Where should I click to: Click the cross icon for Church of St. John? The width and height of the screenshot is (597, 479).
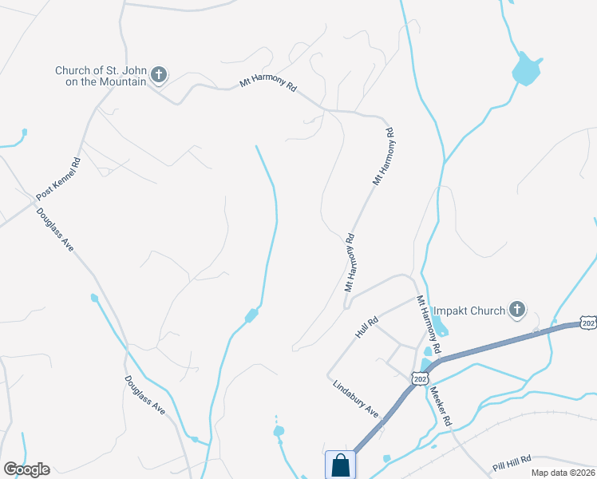(159, 75)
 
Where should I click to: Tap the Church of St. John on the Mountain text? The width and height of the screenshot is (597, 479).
(101, 76)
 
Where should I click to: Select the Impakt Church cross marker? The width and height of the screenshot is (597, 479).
(517, 310)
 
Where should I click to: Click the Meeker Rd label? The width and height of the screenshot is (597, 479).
(441, 406)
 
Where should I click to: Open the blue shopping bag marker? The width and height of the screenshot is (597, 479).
(340, 464)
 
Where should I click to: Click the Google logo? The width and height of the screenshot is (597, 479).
(26, 469)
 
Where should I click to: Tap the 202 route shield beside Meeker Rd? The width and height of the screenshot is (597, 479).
(420, 378)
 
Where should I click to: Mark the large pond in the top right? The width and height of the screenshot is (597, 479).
(525, 69)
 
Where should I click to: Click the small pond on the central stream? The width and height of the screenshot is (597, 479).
(251, 315)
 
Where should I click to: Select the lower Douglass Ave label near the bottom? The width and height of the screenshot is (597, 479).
(144, 395)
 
